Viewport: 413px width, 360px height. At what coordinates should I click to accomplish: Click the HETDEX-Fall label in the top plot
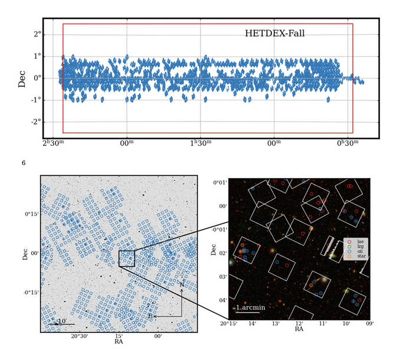tap(274, 34)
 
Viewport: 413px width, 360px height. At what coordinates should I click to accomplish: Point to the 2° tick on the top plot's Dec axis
tap(37, 34)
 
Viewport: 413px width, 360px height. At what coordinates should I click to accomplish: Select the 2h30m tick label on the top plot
tap(53, 143)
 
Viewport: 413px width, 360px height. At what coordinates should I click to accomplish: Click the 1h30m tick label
tap(201, 143)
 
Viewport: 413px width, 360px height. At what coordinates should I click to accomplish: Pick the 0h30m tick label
tap(348, 143)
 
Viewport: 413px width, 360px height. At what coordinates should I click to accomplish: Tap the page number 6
tap(24, 162)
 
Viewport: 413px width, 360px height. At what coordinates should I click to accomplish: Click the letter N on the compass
tap(182, 285)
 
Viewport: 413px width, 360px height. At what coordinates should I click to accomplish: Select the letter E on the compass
tap(150, 316)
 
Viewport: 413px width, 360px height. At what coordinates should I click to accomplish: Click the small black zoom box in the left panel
tap(127, 258)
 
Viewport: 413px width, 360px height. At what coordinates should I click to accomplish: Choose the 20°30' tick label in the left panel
tap(80, 336)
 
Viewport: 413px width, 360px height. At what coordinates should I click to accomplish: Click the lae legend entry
tap(358, 242)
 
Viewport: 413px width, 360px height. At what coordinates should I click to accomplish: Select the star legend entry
tap(358, 256)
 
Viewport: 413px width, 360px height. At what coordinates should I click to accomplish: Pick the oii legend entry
tap(358, 251)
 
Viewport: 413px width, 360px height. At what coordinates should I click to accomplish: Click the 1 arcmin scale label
tap(251, 307)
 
